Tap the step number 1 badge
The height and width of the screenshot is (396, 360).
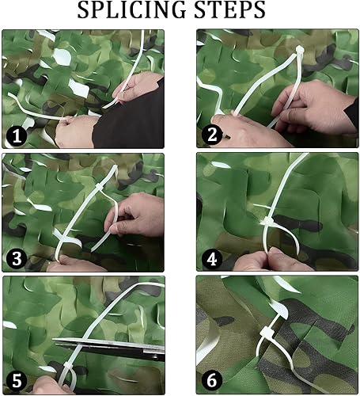[x=17, y=137]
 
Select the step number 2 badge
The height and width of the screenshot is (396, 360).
[x=212, y=135]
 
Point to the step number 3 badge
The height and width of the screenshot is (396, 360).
[x=17, y=259]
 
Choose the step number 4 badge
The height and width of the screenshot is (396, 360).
[x=212, y=259]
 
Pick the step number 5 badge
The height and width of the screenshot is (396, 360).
[x=17, y=381]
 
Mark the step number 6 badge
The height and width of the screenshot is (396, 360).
[x=212, y=381]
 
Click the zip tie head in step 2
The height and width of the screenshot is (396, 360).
[x=299, y=49]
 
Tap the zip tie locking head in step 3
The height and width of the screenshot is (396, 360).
[x=98, y=186]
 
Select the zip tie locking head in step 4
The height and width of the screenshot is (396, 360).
[x=268, y=221]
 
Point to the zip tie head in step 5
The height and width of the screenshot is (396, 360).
[x=66, y=367]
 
